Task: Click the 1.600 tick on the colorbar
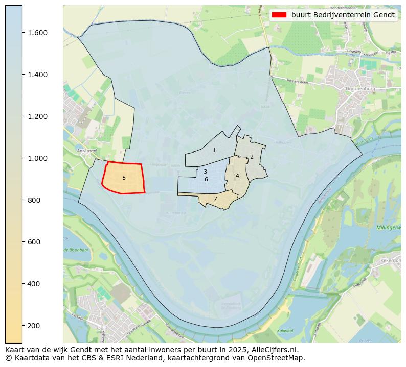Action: pyautogui.click(x=37, y=33)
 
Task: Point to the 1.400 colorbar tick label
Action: pyautogui.click(x=37, y=75)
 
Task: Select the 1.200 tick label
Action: pyautogui.click(x=37, y=116)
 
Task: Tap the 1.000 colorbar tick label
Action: pyautogui.click(x=37, y=158)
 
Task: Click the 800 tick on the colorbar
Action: pyautogui.click(x=34, y=200)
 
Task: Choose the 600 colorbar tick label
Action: pyautogui.click(x=34, y=242)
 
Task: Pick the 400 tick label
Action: pyautogui.click(x=34, y=284)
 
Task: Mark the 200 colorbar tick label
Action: pyautogui.click(x=34, y=326)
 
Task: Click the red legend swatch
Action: pyautogui.click(x=279, y=15)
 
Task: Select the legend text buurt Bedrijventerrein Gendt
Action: pyautogui.click(x=343, y=15)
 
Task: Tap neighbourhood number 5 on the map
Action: pyautogui.click(x=124, y=178)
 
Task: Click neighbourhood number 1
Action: pyautogui.click(x=214, y=150)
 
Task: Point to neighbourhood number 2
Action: pyautogui.click(x=252, y=157)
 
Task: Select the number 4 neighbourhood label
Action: pyautogui.click(x=237, y=176)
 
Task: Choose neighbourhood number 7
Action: pyautogui.click(x=215, y=199)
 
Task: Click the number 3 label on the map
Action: pyautogui.click(x=205, y=172)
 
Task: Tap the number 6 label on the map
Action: pyautogui.click(x=206, y=179)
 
